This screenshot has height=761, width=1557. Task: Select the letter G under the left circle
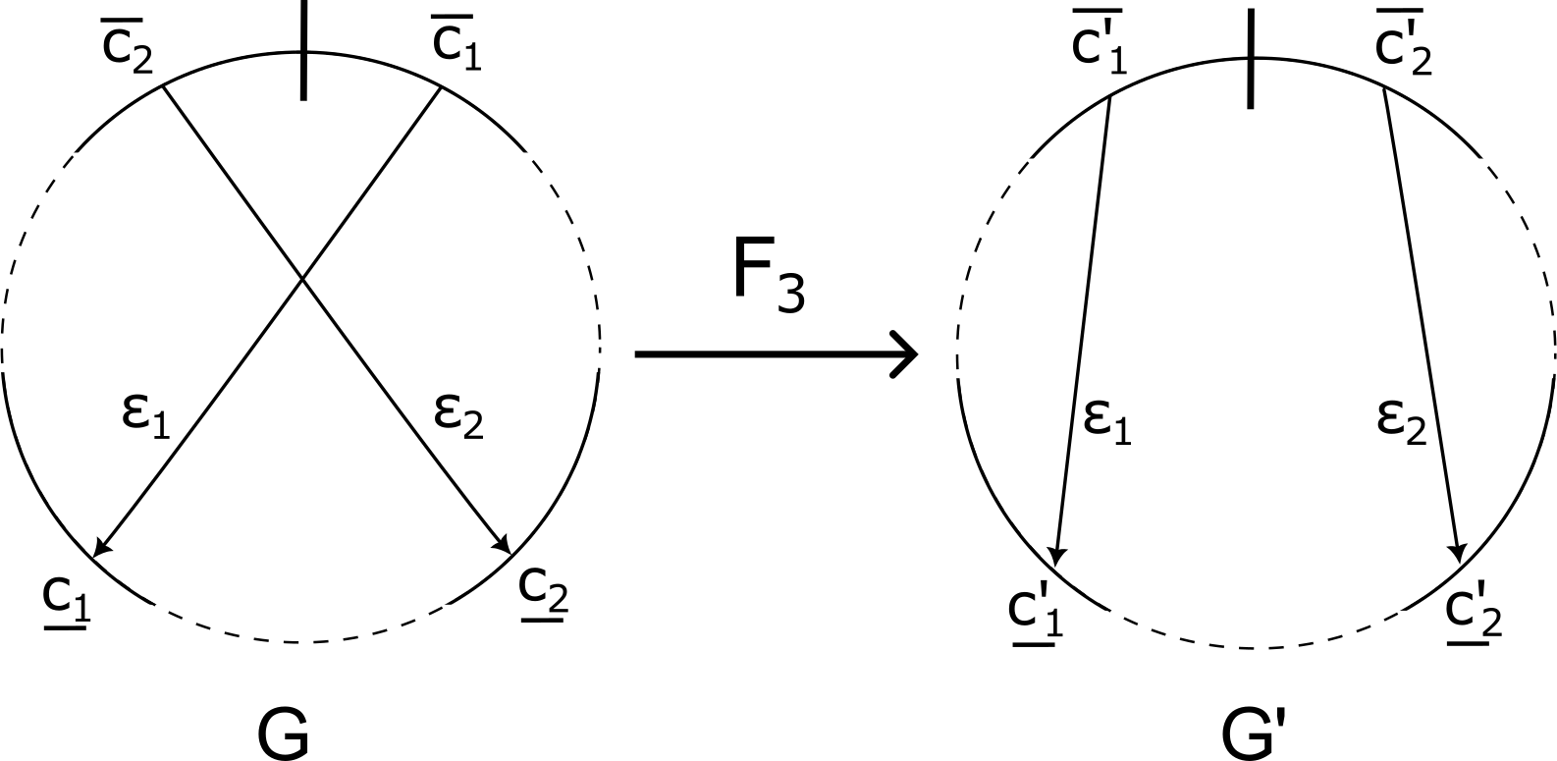tap(284, 734)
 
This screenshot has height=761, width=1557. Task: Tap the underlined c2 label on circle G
tap(543, 589)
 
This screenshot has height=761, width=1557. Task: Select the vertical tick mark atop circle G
tap(303, 49)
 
